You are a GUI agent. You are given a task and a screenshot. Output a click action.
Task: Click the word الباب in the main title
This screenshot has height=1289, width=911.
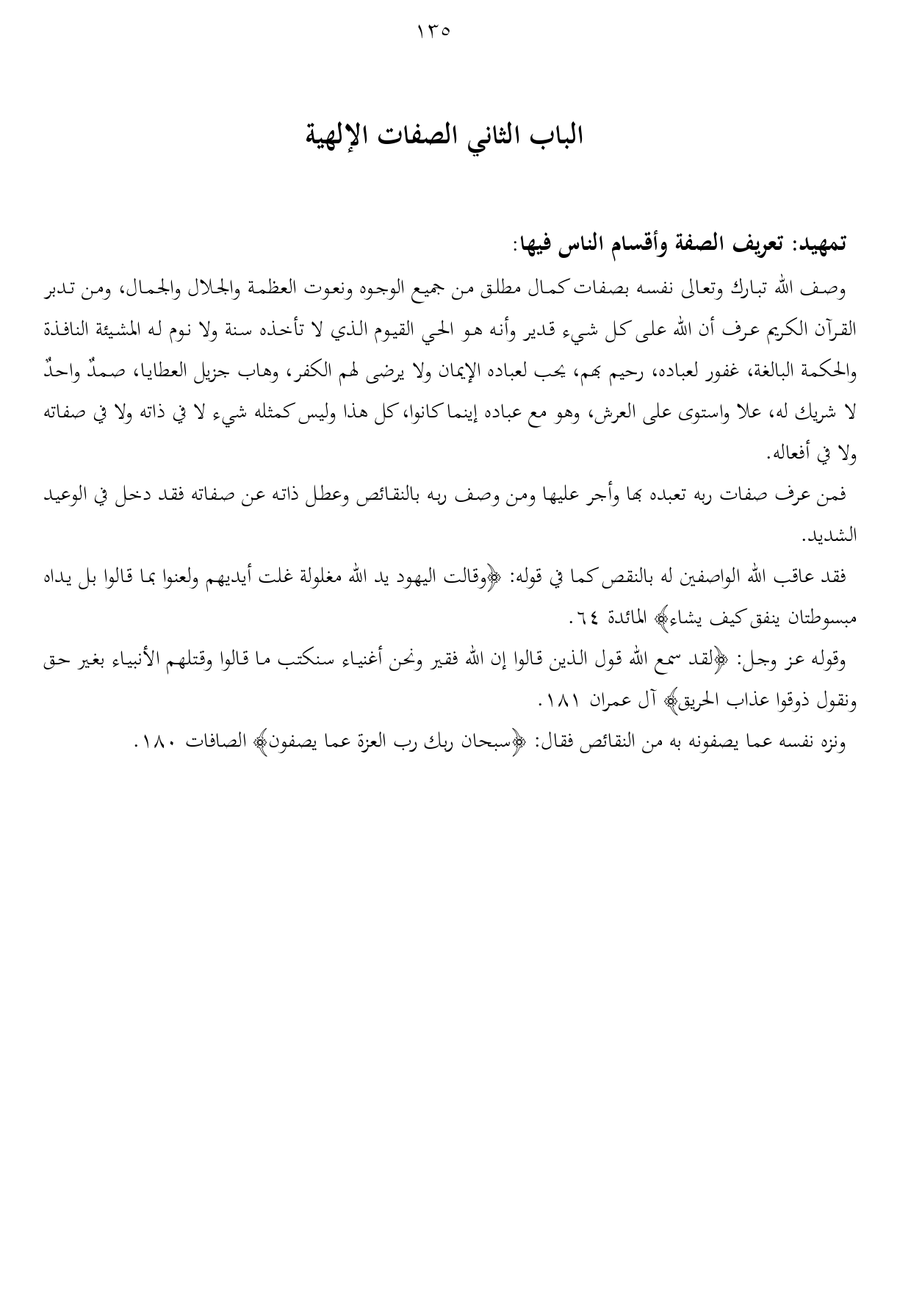pos(555,136)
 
